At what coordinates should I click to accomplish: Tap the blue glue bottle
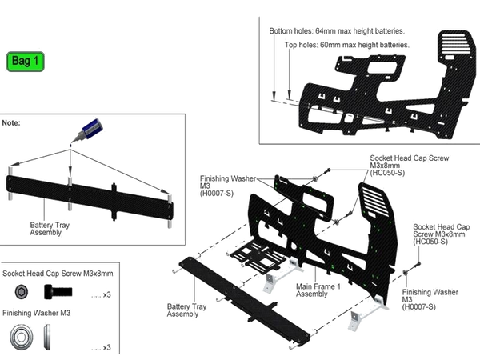(x=91, y=127)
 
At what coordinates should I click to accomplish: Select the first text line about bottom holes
(x=336, y=30)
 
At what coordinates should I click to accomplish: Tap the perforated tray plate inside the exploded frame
(x=256, y=256)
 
